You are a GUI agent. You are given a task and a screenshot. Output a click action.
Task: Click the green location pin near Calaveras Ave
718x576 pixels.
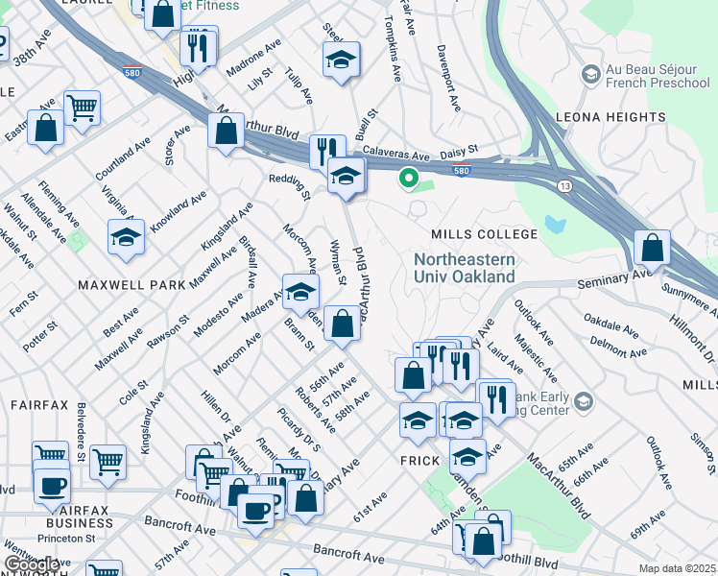click(408, 178)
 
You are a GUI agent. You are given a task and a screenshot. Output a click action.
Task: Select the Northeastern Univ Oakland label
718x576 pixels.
click(465, 268)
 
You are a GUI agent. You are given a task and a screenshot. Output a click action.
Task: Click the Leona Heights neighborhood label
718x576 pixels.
click(610, 117)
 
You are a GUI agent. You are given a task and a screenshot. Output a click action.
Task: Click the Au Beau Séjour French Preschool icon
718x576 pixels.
click(589, 74)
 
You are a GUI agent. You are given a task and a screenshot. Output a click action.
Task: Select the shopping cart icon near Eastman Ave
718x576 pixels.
click(83, 108)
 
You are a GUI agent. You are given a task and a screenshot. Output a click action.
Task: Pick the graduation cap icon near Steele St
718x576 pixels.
click(341, 60)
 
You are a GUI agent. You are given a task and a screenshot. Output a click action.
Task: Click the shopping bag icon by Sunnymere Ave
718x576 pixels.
click(652, 248)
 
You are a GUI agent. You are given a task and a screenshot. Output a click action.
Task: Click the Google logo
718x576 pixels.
click(31, 565)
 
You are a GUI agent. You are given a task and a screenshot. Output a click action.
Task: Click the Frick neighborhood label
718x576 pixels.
click(419, 460)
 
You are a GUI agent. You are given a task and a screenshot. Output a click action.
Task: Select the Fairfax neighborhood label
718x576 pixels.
click(39, 405)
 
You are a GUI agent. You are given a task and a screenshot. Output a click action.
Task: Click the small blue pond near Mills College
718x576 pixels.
click(554, 225)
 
